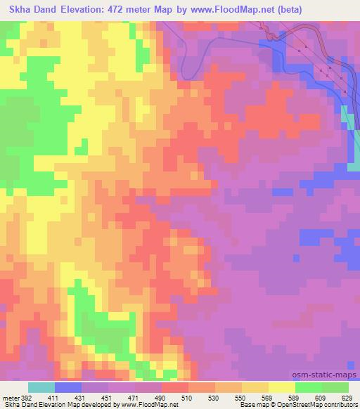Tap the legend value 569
pos(266,398)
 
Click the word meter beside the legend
pos(11,398)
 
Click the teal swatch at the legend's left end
pos(41,388)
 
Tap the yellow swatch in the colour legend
pos(282,388)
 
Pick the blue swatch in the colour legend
pos(68,388)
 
